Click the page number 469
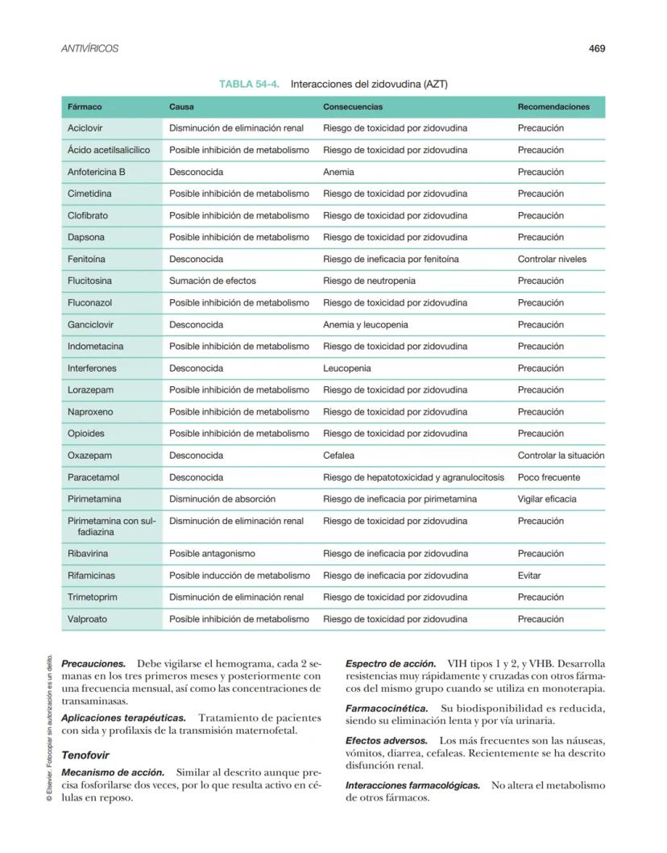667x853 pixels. click(x=596, y=48)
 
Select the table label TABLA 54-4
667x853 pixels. click(x=249, y=84)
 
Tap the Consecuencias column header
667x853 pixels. click(x=353, y=106)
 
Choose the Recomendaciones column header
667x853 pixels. click(x=553, y=106)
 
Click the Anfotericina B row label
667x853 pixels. click(x=97, y=172)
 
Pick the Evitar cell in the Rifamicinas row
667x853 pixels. click(x=529, y=576)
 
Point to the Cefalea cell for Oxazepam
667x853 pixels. click(x=338, y=456)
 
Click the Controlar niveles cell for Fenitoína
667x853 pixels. click(x=552, y=259)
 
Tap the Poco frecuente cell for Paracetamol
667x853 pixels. click(x=549, y=477)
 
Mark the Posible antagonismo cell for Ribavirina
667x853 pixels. click(x=212, y=554)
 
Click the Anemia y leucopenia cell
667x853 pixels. click(x=365, y=324)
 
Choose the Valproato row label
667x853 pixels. click(x=88, y=619)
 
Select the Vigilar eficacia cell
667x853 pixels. click(x=547, y=499)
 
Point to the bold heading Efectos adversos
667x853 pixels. click(x=386, y=740)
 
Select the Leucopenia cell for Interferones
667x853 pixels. click(x=347, y=368)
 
